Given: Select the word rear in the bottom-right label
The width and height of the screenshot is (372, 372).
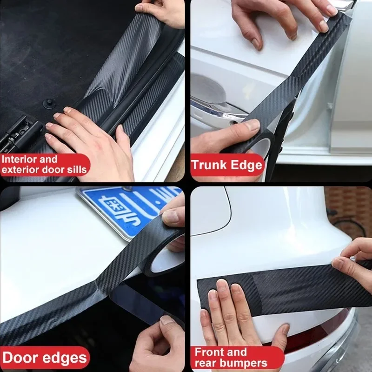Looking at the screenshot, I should pos(204,362).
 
